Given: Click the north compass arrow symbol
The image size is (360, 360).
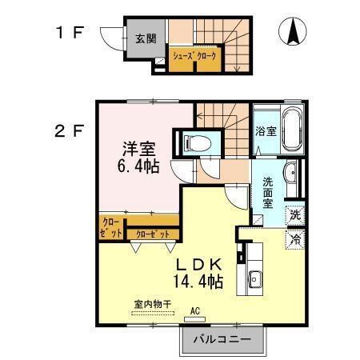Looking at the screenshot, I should [x=293, y=32].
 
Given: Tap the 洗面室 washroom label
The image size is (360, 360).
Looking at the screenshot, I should [x=267, y=193].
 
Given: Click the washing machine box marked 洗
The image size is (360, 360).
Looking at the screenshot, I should [x=295, y=214].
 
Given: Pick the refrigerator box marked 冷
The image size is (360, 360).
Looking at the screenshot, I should [x=295, y=238].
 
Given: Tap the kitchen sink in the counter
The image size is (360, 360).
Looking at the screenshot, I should [x=257, y=279].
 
